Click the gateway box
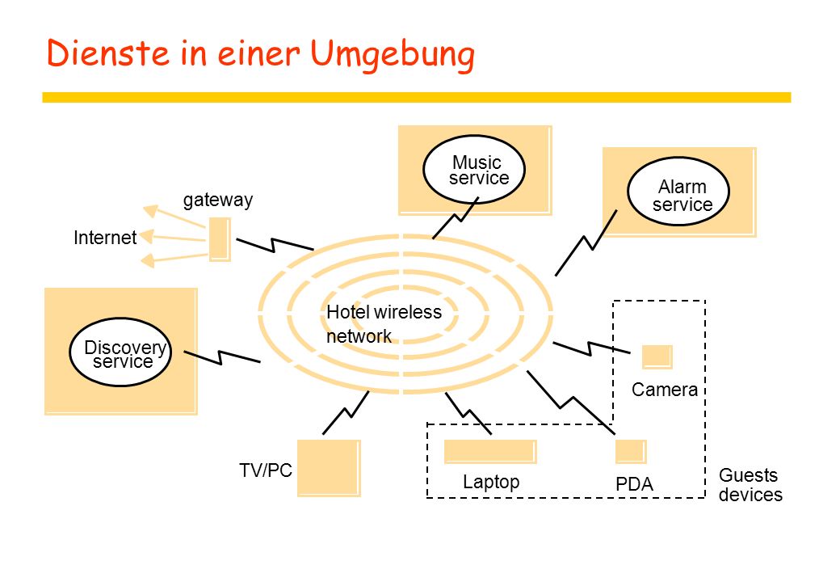pyautogui.click(x=220, y=239)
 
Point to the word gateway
pyautogui.click(x=218, y=200)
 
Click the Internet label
pyautogui.click(x=105, y=238)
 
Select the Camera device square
pyautogui.click(x=657, y=357)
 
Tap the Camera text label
pyautogui.click(x=664, y=390)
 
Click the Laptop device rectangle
pyautogui.click(x=491, y=452)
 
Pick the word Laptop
pyautogui.click(x=491, y=482)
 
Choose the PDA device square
pyautogui.click(x=631, y=452)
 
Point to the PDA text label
pyautogui.click(x=634, y=484)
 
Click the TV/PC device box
pyautogui.click(x=329, y=468)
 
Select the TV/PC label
pyautogui.click(x=266, y=470)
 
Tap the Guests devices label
pyautogui.click(x=750, y=485)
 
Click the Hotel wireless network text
pyautogui.click(x=384, y=324)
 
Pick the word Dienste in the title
pyautogui.click(x=107, y=53)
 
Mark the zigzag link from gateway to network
pyautogui.click(x=275, y=245)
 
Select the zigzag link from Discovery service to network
pyautogui.click(x=222, y=357)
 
